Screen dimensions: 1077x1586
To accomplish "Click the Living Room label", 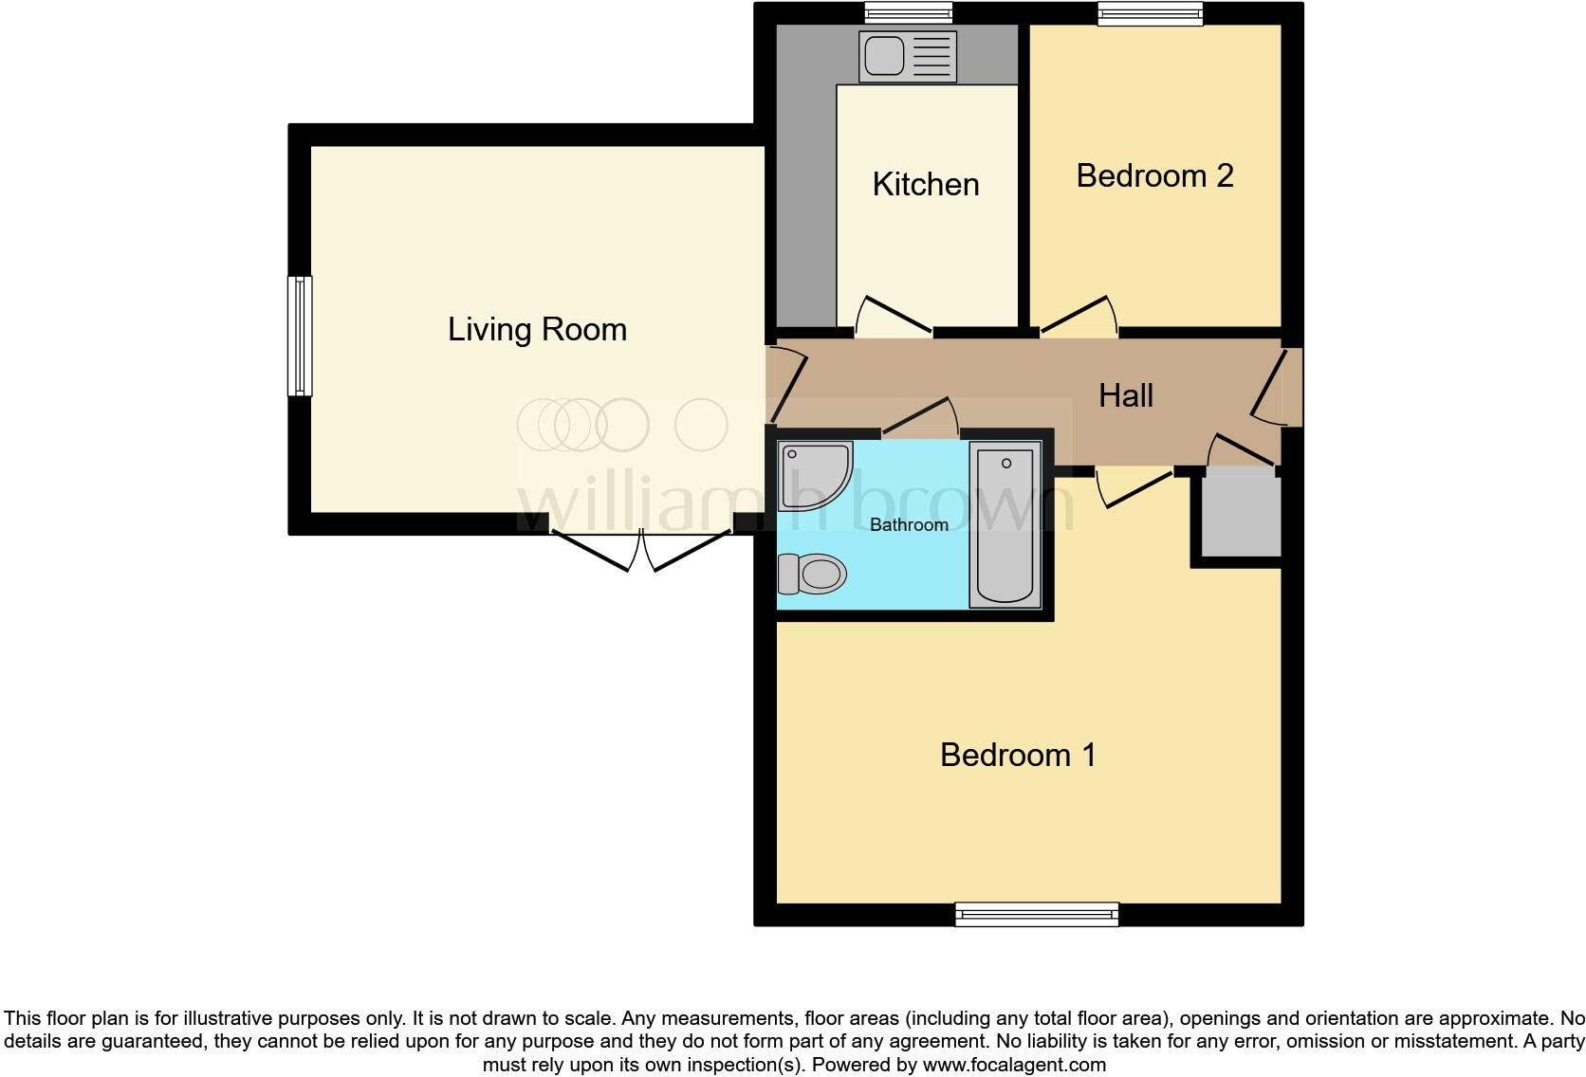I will click(537, 330).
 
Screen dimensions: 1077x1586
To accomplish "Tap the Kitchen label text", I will click(925, 184).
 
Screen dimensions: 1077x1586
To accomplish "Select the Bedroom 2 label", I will click(1154, 175).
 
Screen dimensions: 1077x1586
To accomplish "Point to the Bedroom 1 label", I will click(1017, 755).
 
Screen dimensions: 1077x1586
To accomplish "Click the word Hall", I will click(1125, 395).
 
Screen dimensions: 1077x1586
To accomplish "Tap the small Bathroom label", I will click(909, 525).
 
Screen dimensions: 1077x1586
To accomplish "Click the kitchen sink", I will click(907, 56).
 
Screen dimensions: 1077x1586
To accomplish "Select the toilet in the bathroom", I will click(812, 574).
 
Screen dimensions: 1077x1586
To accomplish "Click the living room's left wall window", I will click(300, 336).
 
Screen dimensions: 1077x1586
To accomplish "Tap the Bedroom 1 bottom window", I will click(1036, 915).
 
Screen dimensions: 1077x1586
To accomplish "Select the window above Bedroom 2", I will click(1151, 12).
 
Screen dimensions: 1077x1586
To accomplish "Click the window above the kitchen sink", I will click(908, 12).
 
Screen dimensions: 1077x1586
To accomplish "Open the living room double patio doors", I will click(642, 550).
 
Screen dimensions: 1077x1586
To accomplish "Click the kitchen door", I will click(893, 319).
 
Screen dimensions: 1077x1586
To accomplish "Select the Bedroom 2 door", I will click(1079, 317).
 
